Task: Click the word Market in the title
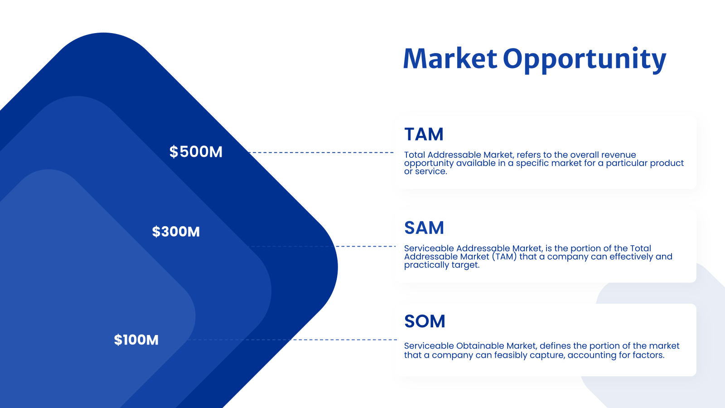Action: (x=449, y=59)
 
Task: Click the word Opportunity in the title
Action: (x=584, y=60)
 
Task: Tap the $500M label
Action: (x=196, y=152)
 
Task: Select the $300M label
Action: (x=176, y=232)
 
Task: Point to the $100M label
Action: (x=136, y=340)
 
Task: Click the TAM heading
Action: (x=424, y=134)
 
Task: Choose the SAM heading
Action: (x=424, y=228)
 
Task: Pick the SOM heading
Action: (x=425, y=321)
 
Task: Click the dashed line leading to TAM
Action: (x=322, y=152)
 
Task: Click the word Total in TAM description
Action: (x=415, y=155)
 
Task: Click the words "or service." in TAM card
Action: (x=425, y=171)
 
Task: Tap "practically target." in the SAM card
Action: (x=441, y=265)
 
